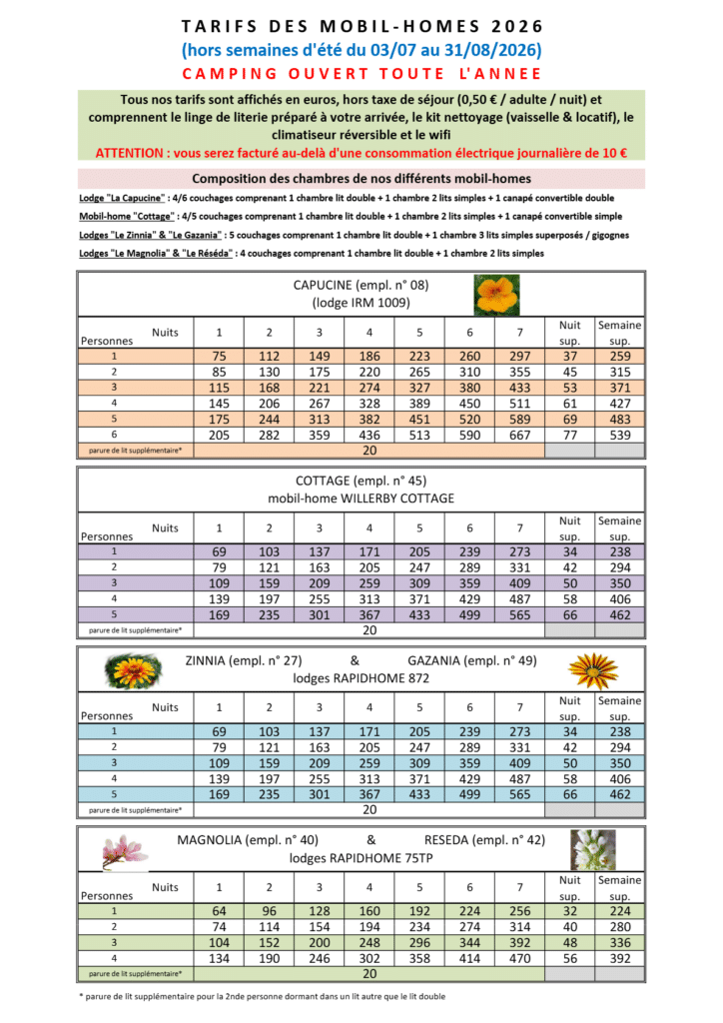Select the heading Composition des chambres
tap(361, 179)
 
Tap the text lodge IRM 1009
tap(361, 303)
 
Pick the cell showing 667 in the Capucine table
tap(519, 435)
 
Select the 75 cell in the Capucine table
tap(220, 355)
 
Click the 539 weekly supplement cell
tap(619, 435)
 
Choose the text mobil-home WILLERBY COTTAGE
tap(361, 498)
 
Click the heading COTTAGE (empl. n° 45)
tap(361, 481)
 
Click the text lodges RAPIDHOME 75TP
tap(361, 857)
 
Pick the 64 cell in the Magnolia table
tap(220, 910)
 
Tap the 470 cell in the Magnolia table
tap(519, 958)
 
